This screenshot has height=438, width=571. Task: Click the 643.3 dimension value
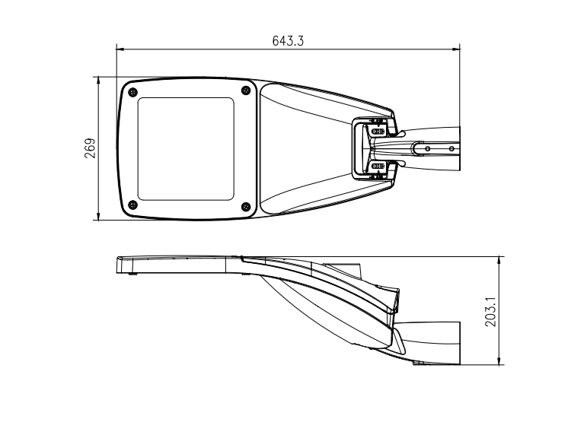288,41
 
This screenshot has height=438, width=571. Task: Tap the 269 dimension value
90,148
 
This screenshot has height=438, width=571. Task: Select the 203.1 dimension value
490,312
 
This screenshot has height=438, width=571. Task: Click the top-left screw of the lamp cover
133,92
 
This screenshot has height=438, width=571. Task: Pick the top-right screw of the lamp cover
246,90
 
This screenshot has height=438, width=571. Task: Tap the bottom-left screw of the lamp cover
133,205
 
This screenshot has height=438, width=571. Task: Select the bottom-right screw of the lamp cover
246,207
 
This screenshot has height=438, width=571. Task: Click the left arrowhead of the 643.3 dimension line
120,49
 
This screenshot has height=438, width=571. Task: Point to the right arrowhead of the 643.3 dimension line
455,49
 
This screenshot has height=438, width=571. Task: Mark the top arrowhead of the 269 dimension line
98,81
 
